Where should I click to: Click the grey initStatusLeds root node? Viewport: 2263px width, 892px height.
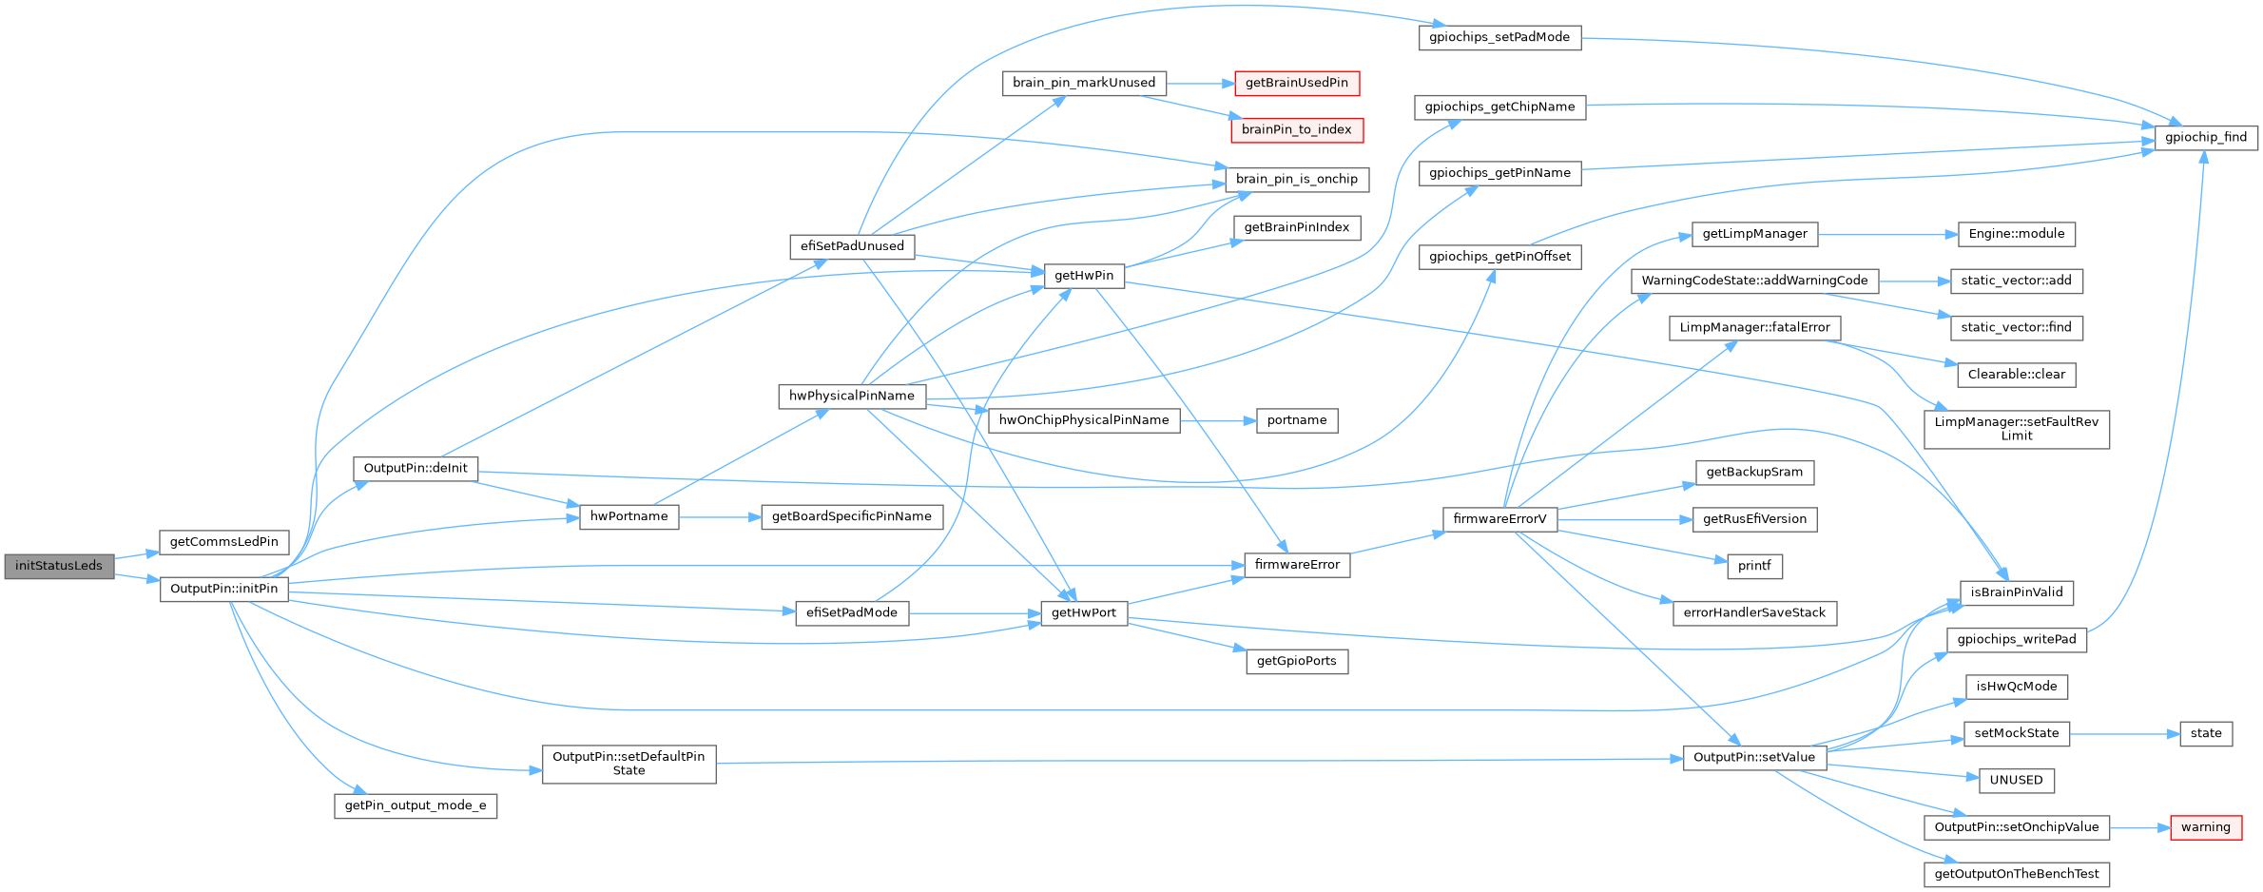[x=58, y=566]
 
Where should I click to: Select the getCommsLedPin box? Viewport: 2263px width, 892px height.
[x=223, y=542]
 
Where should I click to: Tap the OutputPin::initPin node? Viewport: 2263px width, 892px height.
[x=223, y=589]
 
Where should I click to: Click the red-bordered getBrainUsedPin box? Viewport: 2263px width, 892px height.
[x=1296, y=83]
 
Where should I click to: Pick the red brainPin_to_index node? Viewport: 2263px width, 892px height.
[x=1296, y=129]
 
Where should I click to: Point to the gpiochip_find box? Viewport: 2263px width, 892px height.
[x=2205, y=137]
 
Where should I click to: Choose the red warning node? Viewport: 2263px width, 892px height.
[x=2205, y=827]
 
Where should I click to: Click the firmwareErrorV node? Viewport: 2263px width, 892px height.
[x=1499, y=519]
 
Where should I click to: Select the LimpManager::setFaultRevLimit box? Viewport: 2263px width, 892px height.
[x=2016, y=429]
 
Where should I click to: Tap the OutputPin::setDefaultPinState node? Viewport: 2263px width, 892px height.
[x=629, y=764]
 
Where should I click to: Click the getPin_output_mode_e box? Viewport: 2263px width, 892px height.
[x=415, y=805]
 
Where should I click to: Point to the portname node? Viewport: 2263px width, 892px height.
[x=1296, y=420]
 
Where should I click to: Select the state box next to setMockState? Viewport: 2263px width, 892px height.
[x=2205, y=733]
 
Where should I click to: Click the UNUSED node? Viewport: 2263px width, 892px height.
[x=2016, y=780]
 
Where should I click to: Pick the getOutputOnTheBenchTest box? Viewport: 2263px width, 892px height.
[x=2016, y=874]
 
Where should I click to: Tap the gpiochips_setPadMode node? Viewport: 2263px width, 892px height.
[x=1499, y=37]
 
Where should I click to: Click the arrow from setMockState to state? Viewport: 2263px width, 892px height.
[x=2124, y=733]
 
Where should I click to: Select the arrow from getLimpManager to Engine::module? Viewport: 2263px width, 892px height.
[x=1887, y=234]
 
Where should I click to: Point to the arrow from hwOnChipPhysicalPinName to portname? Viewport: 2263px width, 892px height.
[x=1218, y=420]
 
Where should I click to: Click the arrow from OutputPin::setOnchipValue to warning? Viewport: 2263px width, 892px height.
[x=2140, y=827]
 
